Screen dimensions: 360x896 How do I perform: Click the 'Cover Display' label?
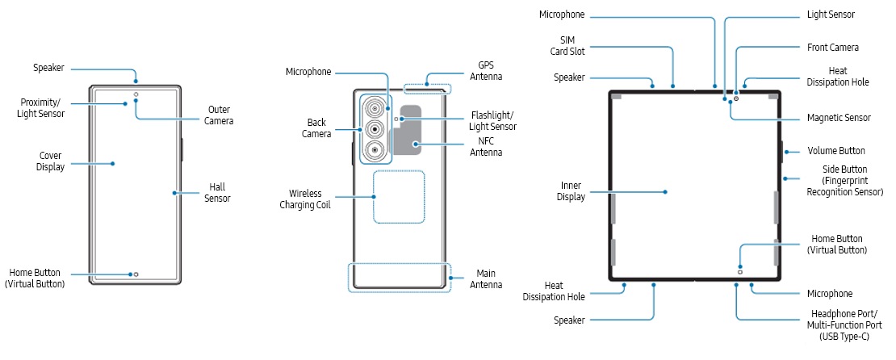click(50, 161)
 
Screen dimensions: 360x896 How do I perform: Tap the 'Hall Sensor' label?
click(217, 192)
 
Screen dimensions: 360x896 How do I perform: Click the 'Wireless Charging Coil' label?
click(306, 199)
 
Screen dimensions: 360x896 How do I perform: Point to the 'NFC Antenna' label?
click(487, 147)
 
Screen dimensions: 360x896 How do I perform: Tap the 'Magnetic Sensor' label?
click(839, 118)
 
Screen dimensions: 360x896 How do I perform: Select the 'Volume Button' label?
click(836, 151)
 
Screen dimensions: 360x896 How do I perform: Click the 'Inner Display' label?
click(572, 191)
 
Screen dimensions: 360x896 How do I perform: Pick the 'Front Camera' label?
click(833, 48)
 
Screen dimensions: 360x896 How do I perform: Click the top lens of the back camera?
click(375, 108)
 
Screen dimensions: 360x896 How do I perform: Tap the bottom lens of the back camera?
click(375, 150)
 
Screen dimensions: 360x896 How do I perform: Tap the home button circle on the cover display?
click(136, 274)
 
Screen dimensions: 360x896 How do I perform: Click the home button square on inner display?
click(740, 272)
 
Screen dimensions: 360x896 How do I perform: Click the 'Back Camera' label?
click(316, 128)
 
